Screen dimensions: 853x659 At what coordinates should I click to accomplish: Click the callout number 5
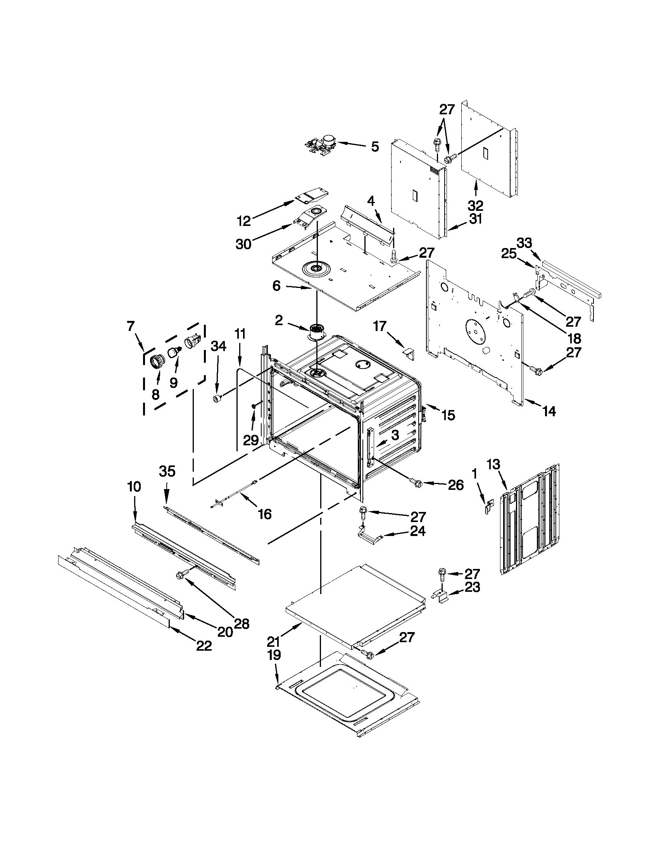click(374, 147)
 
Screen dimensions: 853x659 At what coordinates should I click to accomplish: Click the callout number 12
click(244, 221)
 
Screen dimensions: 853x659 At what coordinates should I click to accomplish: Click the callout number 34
click(218, 346)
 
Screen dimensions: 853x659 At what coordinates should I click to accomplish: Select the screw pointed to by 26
click(416, 483)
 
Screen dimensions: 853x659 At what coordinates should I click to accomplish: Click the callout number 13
click(493, 464)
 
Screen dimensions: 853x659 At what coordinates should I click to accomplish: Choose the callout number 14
click(549, 411)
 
